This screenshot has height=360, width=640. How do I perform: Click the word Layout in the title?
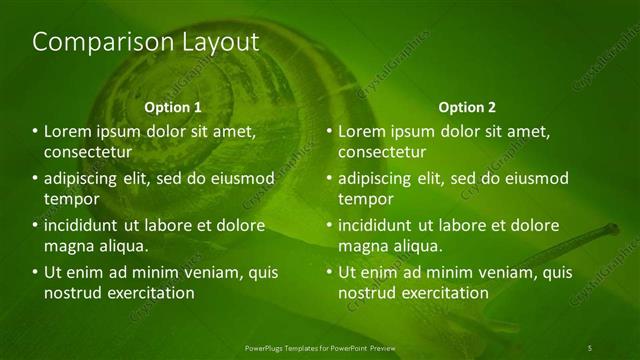tap(214, 42)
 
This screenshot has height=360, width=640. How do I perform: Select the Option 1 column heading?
tap(173, 107)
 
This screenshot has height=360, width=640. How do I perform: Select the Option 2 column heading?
tap(467, 107)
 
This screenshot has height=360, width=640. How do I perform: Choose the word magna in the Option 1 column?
tap(68, 245)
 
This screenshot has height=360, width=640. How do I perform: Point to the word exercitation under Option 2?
tap(439, 293)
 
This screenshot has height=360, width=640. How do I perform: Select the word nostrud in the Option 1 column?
tap(73, 293)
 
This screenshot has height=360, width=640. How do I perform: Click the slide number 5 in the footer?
tap(590, 347)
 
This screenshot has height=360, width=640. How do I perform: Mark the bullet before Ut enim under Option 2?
tap(331, 272)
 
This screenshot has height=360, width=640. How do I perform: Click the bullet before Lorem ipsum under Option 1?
tap(35, 132)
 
